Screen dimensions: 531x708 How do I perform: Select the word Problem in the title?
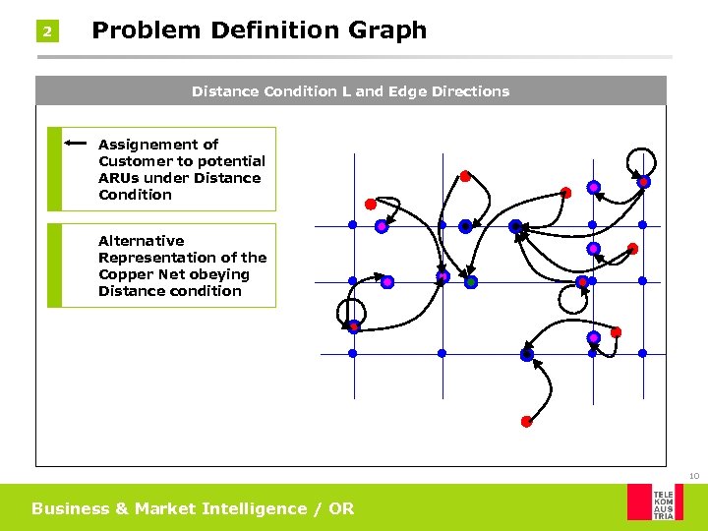click(x=140, y=30)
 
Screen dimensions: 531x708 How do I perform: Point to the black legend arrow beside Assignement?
click(x=79, y=144)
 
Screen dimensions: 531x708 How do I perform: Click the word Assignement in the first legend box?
click(x=158, y=145)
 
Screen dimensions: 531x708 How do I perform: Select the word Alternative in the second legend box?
click(x=142, y=241)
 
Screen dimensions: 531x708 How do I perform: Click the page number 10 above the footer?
click(x=693, y=476)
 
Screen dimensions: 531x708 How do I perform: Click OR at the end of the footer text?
click(x=342, y=508)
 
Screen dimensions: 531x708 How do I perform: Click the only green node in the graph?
click(x=471, y=282)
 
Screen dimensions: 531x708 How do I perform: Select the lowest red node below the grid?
click(x=526, y=422)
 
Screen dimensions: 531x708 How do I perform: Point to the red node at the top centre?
click(x=465, y=177)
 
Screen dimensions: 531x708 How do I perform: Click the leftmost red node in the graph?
click(x=371, y=205)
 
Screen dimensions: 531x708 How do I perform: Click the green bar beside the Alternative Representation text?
click(x=54, y=265)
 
